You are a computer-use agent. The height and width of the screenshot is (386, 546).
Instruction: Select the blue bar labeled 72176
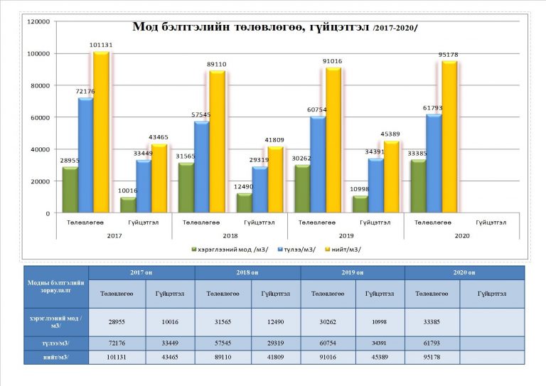(x=86, y=155)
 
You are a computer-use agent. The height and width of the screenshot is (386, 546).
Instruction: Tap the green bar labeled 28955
(x=70, y=190)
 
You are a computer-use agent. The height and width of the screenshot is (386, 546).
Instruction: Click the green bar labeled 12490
(x=244, y=203)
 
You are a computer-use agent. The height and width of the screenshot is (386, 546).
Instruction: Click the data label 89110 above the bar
(x=216, y=63)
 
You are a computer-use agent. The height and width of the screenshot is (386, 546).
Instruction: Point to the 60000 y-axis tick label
(x=39, y=117)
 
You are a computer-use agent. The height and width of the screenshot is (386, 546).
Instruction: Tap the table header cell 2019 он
(x=353, y=273)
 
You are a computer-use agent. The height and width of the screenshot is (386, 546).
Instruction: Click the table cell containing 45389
(x=380, y=357)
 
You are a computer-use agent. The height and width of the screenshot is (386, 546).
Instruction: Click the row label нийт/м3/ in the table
(x=55, y=357)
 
